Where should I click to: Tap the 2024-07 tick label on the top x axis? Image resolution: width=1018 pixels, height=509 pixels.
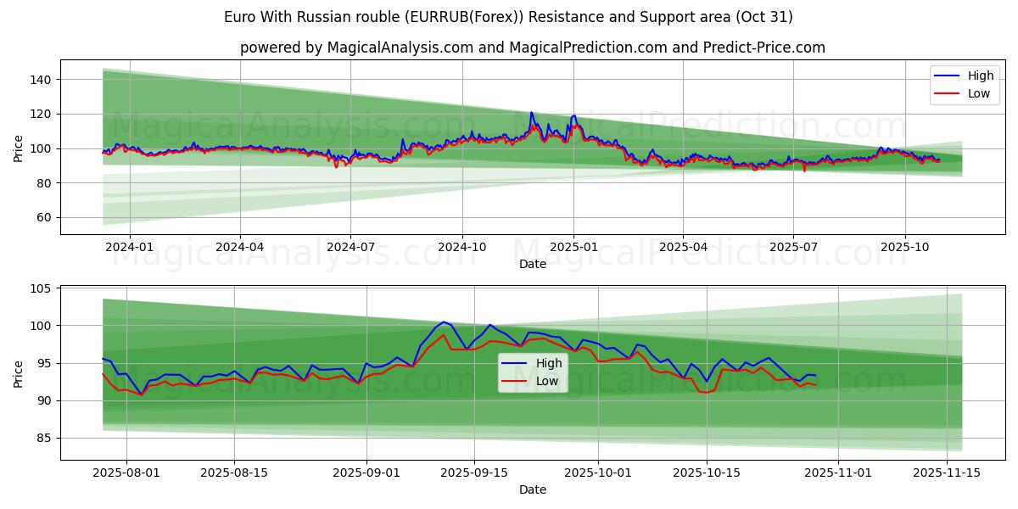(350, 248)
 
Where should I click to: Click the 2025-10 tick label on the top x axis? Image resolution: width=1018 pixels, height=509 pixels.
(905, 248)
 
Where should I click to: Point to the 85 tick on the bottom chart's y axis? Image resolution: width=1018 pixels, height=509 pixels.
(41, 439)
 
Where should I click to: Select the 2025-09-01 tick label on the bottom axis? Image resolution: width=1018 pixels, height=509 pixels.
(366, 473)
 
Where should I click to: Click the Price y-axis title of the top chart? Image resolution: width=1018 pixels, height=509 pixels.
(19, 148)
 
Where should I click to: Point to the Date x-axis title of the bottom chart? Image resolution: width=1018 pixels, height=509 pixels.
(533, 489)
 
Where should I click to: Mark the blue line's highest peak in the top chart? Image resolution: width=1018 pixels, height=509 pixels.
(531, 112)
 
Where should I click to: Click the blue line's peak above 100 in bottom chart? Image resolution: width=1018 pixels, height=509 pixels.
(443, 322)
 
